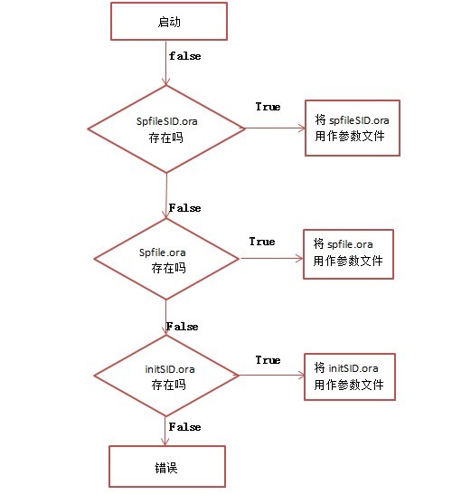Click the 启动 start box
click(169, 21)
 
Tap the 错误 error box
click(167, 466)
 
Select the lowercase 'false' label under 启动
click(184, 56)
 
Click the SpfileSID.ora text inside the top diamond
click(167, 121)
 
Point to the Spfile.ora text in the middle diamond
click(162, 252)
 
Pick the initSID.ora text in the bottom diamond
click(170, 369)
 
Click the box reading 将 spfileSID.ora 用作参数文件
click(353, 128)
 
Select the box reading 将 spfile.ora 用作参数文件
click(348, 254)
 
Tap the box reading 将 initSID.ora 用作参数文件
click(350, 377)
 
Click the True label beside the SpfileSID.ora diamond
click(268, 107)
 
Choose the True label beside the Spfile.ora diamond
click(262, 242)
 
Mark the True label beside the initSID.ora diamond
click(268, 360)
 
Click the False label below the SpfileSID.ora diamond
click(184, 208)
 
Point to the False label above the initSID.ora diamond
click(183, 327)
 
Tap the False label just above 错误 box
click(184, 427)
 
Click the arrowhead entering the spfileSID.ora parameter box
click(302, 128)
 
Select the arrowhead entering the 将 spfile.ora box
click(300, 259)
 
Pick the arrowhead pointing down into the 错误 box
click(165, 442)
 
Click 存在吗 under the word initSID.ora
click(168, 385)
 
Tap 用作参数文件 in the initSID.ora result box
click(349, 385)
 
